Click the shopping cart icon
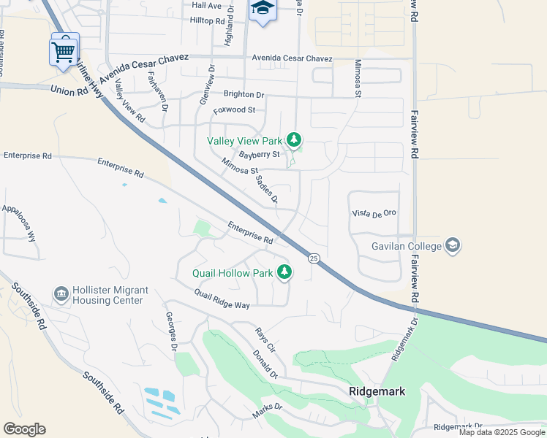tap(64, 50)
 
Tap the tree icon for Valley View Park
tap(294, 139)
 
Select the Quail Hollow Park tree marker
tap(284, 273)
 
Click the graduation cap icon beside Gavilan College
tap(453, 245)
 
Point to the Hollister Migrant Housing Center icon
tap(61, 295)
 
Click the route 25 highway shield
tap(314, 258)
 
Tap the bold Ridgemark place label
tap(377, 391)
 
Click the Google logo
tap(24, 429)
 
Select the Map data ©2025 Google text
tap(502, 432)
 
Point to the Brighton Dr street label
tap(244, 95)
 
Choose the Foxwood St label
tap(234, 110)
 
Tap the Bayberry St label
tap(259, 155)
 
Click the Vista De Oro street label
tap(374, 212)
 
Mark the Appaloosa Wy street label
tap(19, 223)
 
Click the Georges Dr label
tap(171, 332)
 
